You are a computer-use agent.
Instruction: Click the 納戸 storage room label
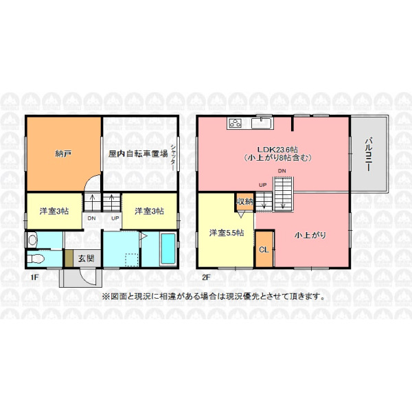point(63,154)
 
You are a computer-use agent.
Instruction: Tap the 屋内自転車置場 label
point(138,154)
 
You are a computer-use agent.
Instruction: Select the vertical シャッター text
point(173,158)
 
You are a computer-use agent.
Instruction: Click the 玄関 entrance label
point(86,258)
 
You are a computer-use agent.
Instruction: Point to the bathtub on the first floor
point(168,249)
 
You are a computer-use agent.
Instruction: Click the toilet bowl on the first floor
point(35,259)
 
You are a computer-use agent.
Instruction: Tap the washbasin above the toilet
point(32,240)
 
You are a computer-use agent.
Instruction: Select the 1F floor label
point(34,277)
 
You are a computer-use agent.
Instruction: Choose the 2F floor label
point(206,277)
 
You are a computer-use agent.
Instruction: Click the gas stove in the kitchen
point(235,123)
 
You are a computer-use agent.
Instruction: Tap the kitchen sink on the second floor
point(261,124)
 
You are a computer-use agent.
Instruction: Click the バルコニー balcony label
point(368,154)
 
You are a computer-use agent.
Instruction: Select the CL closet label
point(264,249)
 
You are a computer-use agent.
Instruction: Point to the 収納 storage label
point(245,201)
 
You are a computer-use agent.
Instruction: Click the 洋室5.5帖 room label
point(227,233)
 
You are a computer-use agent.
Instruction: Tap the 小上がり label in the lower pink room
point(310,235)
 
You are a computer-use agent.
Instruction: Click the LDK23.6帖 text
point(277,150)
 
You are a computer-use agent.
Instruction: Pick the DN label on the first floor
point(91,218)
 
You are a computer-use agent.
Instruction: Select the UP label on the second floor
point(263,185)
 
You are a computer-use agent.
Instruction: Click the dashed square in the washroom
point(132,260)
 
